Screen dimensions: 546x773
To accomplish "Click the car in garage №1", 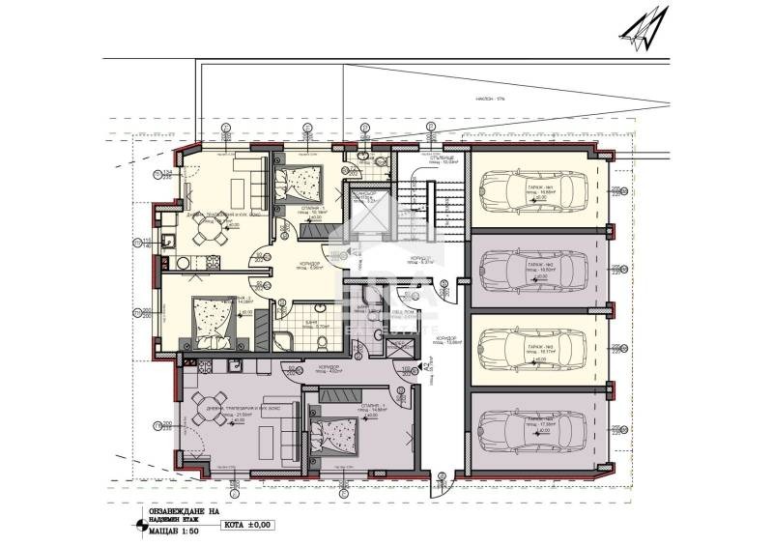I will (x=528, y=189).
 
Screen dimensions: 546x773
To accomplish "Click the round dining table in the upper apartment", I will (x=204, y=228).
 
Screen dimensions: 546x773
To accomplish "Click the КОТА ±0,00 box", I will (x=248, y=526).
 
